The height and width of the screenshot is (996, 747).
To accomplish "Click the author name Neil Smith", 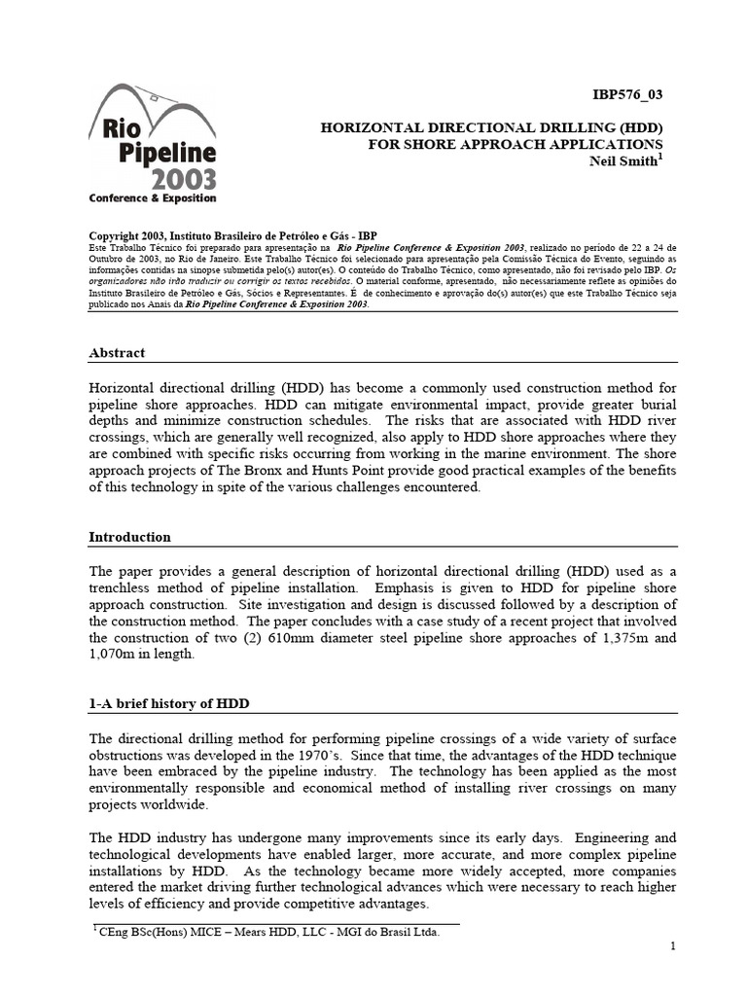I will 629,162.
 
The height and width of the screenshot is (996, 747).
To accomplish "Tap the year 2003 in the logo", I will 184,178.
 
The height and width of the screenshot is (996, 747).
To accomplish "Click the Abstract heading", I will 117,353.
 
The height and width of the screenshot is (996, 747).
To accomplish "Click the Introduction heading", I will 129,537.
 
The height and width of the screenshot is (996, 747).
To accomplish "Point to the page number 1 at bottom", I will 672,946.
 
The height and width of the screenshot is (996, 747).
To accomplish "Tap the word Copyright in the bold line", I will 121,236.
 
